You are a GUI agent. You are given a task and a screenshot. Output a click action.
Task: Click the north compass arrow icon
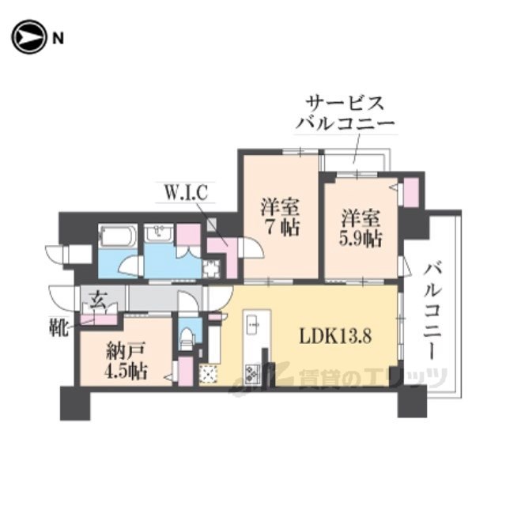pos(28,37)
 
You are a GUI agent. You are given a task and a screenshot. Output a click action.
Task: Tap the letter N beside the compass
pos(58,39)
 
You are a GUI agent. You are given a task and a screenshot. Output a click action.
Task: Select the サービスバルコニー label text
pos(346,113)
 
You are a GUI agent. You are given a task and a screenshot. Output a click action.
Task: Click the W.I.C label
pos(186,193)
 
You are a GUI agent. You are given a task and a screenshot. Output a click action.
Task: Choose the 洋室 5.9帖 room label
pos(361,228)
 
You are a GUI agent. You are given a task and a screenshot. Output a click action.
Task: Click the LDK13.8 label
pos(335,336)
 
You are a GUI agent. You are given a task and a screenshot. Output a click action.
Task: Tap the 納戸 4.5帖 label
pos(126,361)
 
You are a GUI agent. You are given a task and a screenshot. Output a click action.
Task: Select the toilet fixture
pos(187,338)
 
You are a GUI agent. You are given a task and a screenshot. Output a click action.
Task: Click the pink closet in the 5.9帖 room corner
pos(411,192)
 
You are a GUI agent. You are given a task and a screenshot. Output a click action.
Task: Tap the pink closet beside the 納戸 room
pos(186,370)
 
